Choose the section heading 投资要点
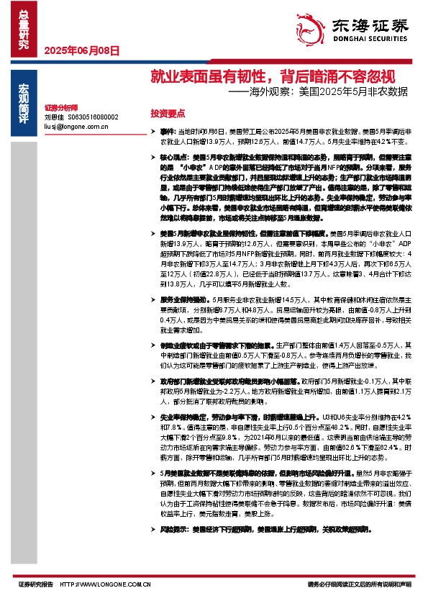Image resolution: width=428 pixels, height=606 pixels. [168, 114]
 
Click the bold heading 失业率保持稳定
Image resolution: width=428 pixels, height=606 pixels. [184, 417]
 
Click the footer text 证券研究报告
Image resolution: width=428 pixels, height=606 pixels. [35, 584]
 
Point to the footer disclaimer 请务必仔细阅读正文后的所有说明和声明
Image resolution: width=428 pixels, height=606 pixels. [360, 584]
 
